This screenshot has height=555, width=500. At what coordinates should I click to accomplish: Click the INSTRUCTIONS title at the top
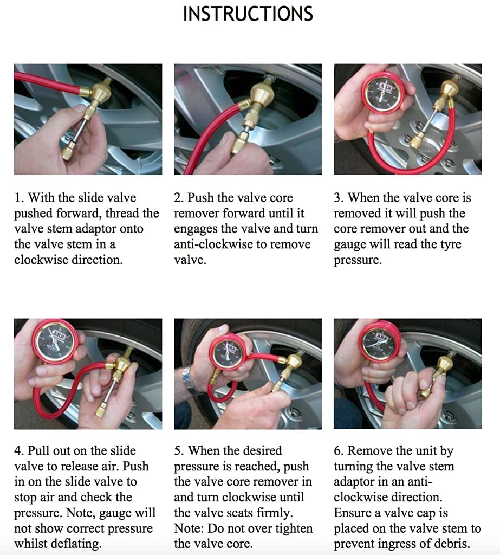(x=248, y=14)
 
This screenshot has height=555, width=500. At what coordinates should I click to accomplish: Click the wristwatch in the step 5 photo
(x=191, y=379)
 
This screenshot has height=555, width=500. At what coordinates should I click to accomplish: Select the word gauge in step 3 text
(x=350, y=244)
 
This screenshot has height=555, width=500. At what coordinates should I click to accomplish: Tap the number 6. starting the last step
(x=339, y=451)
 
